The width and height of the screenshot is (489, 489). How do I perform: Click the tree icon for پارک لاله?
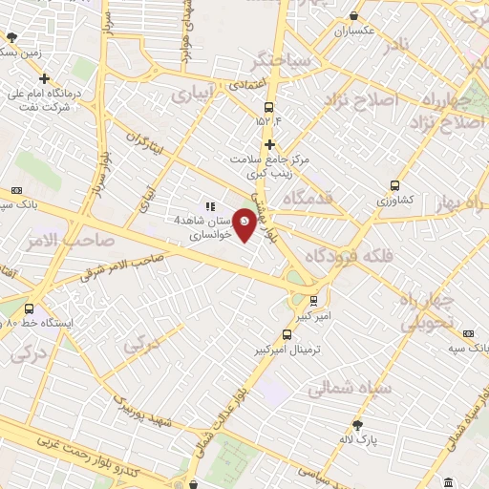(x=357, y=424)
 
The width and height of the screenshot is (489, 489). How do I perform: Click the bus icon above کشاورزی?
(x=394, y=186)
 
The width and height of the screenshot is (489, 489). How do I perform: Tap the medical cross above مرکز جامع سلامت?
(x=270, y=144)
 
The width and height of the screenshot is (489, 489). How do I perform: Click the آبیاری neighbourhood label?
(x=194, y=96)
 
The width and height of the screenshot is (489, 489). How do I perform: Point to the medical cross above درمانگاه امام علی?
(x=45, y=77)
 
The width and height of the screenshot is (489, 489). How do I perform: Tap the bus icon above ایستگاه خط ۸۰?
(x=30, y=308)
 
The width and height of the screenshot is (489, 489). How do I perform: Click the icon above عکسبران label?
(x=354, y=15)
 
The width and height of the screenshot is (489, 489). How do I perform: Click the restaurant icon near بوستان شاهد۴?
(x=210, y=205)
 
